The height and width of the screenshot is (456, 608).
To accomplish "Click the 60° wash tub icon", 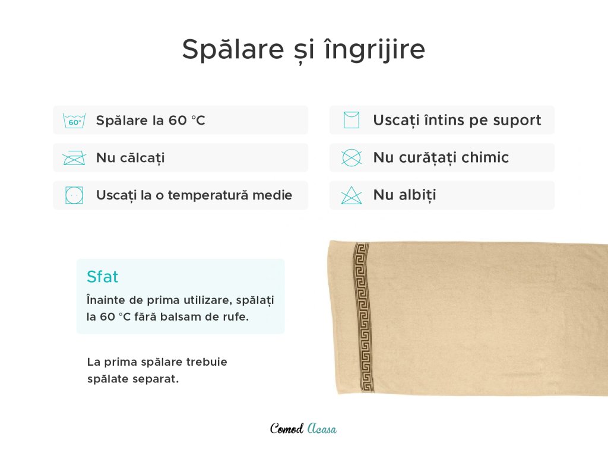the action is point(74,121).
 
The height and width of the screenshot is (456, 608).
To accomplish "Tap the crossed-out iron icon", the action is point(74,158).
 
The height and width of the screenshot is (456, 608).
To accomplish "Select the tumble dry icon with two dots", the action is point(74,195).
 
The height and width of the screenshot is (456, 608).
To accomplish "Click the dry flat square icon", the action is point(351,120).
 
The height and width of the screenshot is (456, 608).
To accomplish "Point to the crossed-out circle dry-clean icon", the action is point(351,158).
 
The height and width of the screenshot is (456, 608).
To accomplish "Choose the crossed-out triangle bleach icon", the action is point(351,195).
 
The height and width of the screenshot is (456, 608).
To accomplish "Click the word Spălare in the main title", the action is point(233,49).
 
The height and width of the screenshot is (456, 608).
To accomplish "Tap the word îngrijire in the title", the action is point(375,49).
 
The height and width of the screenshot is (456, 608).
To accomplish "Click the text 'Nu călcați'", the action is point(130,158).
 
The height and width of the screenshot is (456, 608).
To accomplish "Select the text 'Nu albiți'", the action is point(404,195).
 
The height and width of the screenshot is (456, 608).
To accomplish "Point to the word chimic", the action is point(485,157).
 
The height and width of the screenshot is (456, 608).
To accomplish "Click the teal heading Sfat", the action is point(102,277).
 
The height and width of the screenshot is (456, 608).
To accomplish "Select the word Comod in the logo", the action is point(287,429).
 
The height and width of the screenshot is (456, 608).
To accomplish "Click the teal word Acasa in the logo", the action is point(322,429).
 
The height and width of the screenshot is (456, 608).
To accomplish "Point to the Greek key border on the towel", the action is point(363,317).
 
